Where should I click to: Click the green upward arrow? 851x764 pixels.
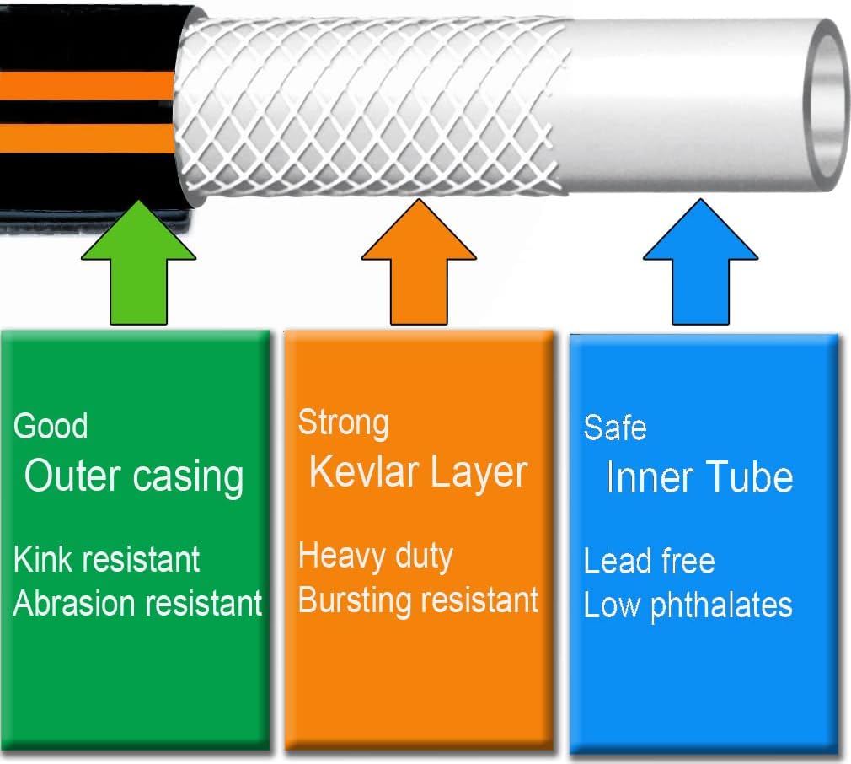click(x=140, y=270)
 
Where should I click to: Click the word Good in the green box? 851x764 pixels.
click(x=51, y=426)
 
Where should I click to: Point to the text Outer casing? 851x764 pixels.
click(x=134, y=476)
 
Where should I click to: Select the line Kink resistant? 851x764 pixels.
click(x=107, y=559)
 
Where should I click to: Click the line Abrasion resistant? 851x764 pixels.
click(x=137, y=604)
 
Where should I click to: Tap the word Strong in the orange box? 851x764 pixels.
click(x=343, y=422)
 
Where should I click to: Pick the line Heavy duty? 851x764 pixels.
click(x=376, y=557)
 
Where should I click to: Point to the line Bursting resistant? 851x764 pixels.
click(x=418, y=600)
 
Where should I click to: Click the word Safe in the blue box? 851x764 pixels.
click(x=615, y=428)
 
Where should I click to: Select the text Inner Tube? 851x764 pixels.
click(x=699, y=478)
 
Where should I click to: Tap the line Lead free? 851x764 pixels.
click(x=649, y=562)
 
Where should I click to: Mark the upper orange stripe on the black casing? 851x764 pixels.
click(x=84, y=86)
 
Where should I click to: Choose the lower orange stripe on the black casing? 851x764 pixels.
click(x=84, y=138)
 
